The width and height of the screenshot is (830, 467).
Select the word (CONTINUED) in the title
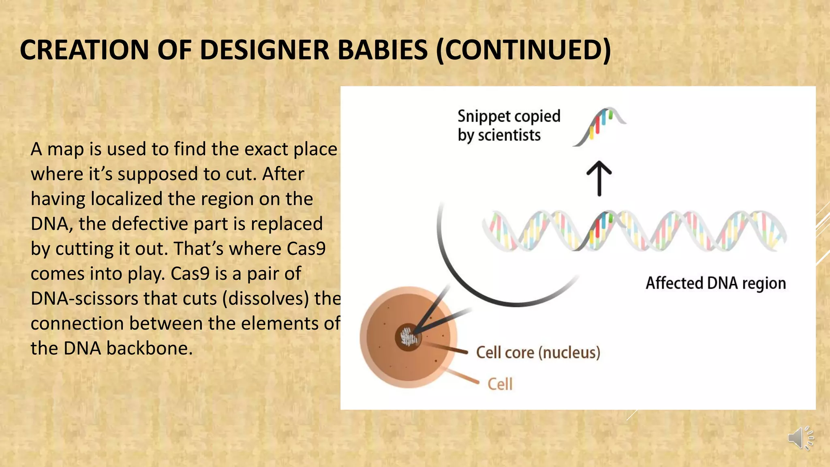[x=523, y=50]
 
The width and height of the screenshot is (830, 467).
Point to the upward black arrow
[x=599, y=178]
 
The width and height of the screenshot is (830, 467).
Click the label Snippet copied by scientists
[x=509, y=125]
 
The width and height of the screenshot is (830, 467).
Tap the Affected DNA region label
[x=715, y=283]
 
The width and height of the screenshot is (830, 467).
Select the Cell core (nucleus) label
[x=538, y=352]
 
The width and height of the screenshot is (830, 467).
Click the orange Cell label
[x=500, y=384]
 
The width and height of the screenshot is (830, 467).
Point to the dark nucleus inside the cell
[x=408, y=336]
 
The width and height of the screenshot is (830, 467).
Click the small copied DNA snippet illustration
[x=600, y=126]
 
